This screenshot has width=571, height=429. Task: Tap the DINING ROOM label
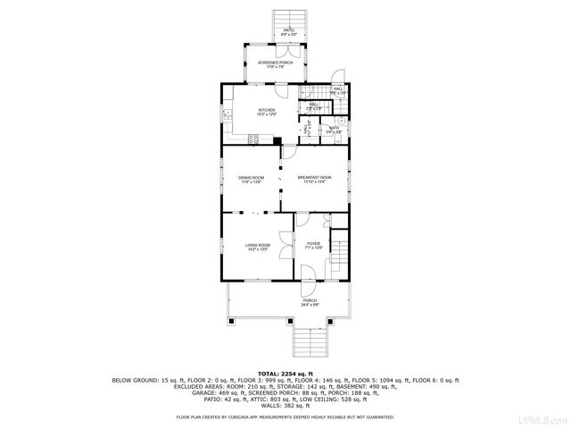point(251,178)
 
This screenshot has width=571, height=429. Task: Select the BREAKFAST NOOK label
point(314,178)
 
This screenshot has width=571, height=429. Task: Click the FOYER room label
point(313,244)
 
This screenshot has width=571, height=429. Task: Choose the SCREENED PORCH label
point(276,63)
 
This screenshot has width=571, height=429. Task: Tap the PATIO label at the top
point(289,31)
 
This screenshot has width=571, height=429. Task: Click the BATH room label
point(334,128)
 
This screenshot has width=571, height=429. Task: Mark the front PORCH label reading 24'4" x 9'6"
point(310,301)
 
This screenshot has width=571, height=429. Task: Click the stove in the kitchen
point(253,138)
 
